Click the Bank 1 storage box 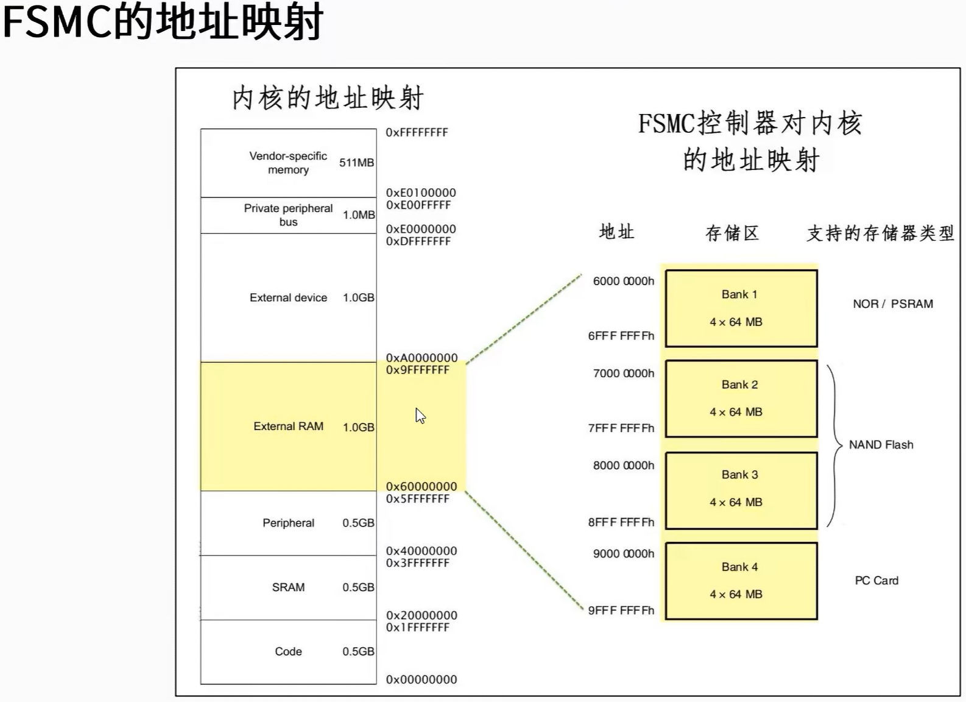click(x=741, y=308)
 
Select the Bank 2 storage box click(x=741, y=399)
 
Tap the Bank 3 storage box click(x=741, y=490)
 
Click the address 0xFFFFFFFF click(x=417, y=132)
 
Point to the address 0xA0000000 click(x=421, y=358)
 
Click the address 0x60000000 click(x=421, y=486)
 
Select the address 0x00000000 click(x=421, y=679)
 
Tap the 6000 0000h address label click(x=623, y=281)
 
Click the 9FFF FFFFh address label click(x=621, y=611)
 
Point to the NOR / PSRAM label click(x=892, y=303)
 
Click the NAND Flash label click(x=881, y=445)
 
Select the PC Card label click(x=876, y=581)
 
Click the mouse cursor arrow click(x=420, y=416)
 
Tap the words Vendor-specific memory click(x=288, y=163)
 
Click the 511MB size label click(x=356, y=163)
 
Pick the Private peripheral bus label click(x=288, y=215)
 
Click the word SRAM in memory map click(x=288, y=587)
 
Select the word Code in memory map click(x=288, y=651)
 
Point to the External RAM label click(x=288, y=427)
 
